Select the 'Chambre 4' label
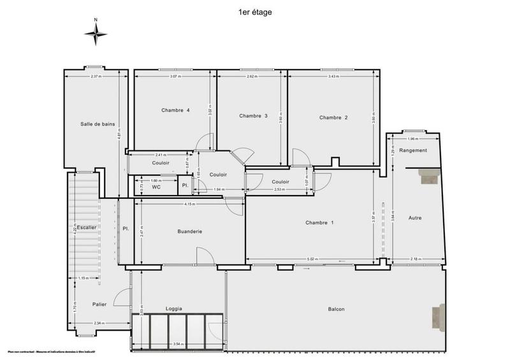click(175, 110)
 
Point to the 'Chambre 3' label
click(253, 116)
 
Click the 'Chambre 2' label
click(333, 117)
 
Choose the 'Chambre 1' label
click(319, 222)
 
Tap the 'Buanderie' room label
click(189, 231)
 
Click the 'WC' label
click(156, 187)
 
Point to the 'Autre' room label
click(416, 218)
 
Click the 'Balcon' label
click(336, 309)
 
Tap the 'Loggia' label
click(173, 308)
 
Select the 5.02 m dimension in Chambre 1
click(312, 259)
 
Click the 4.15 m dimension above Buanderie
click(189, 204)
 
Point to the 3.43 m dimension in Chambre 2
click(333, 76)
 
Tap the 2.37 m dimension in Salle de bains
click(96, 76)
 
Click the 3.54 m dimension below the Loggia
click(178, 344)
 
